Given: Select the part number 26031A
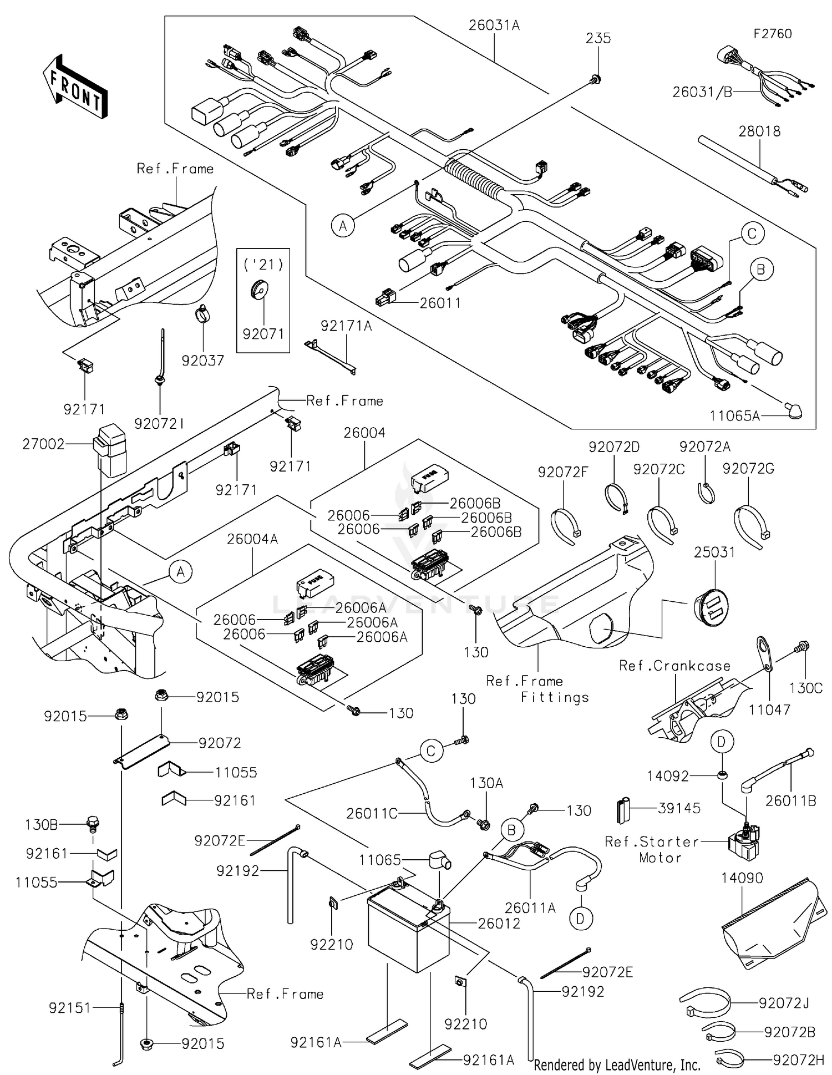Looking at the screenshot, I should [494, 26].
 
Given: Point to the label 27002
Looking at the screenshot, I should [43, 444].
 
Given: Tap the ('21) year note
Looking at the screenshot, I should [263, 265].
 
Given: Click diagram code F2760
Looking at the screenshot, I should [772, 34].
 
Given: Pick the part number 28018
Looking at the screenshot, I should [759, 131].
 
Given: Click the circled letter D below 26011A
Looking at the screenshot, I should [580, 919].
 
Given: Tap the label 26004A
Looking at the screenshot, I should [252, 539].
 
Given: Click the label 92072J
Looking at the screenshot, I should [784, 1003].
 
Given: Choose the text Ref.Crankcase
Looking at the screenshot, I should [674, 666].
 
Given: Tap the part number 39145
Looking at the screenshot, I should [679, 808].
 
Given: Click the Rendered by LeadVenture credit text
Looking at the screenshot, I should [617, 1064].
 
